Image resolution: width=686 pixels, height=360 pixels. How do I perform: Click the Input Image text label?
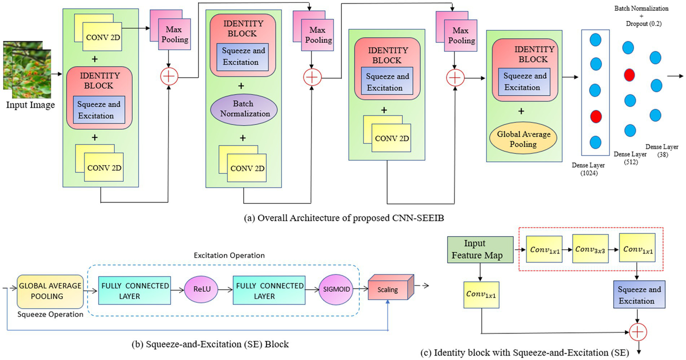coord(30,105)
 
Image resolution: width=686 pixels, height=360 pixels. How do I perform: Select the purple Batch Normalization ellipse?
coord(244,109)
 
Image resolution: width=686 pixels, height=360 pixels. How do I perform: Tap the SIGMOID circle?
coord(336,289)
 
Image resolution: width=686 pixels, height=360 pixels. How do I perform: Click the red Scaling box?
coord(388,289)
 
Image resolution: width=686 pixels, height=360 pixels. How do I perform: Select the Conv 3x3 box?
coord(590,249)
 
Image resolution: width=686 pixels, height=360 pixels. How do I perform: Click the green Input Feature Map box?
coord(480,249)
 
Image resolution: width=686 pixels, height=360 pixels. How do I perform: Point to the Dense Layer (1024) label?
coord(588,169)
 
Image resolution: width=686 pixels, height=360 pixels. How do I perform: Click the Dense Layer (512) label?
coord(630,158)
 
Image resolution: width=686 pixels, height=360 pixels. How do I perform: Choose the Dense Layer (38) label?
coord(662,151)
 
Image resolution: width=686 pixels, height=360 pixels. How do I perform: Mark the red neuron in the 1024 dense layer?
coord(595,117)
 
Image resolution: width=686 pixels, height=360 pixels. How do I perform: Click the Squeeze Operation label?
coord(50,314)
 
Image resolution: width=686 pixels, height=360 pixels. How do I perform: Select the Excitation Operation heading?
coord(229,255)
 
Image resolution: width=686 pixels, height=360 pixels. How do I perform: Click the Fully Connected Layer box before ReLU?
coord(135,291)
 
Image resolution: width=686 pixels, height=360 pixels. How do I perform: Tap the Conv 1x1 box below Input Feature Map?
coord(481,295)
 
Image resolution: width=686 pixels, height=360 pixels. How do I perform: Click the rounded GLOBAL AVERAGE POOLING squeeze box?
coord(50,291)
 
